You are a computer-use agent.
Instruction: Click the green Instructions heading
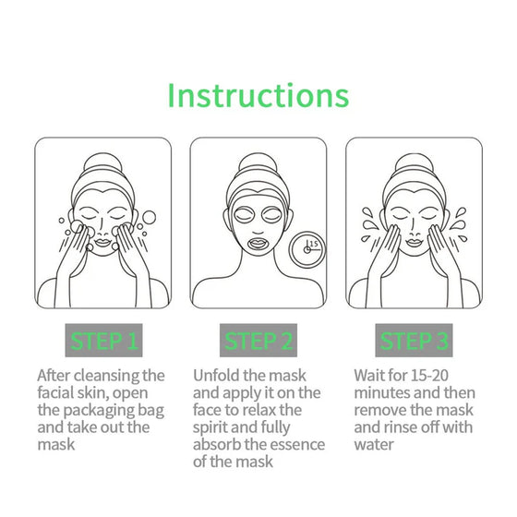[258, 95]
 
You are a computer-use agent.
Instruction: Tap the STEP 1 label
[102, 342]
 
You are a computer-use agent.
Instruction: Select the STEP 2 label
[258, 342]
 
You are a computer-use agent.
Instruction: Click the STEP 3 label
[415, 342]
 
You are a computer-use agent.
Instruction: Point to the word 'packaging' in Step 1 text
[107, 410]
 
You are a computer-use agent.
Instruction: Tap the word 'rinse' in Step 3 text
[403, 427]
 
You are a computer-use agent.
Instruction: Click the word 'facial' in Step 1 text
[57, 393]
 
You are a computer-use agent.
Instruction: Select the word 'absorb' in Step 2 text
[219, 444]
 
